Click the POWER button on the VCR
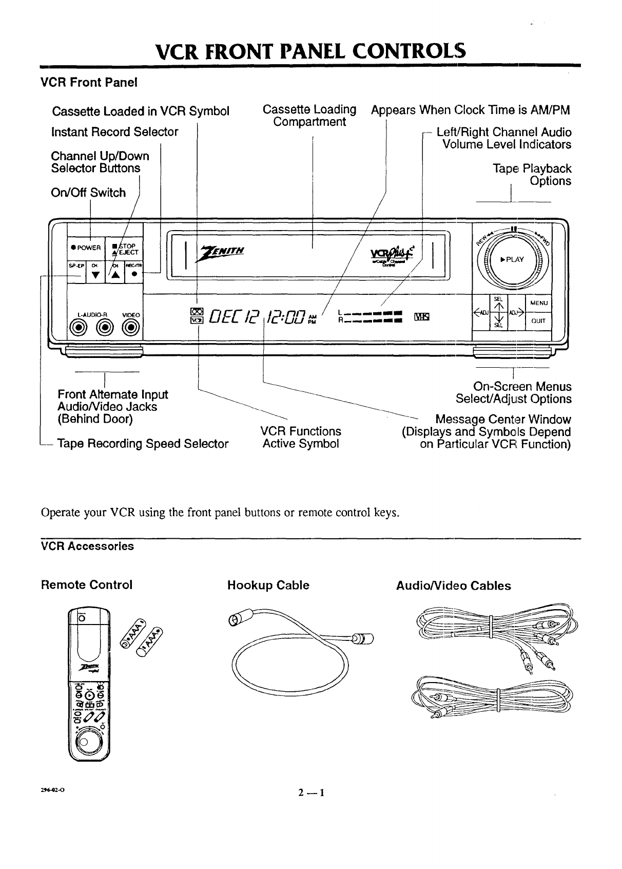click(85, 248)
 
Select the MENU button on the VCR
click(539, 303)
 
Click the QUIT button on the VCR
click(539, 322)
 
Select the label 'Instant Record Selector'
click(114, 132)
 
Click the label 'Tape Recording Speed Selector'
click(143, 444)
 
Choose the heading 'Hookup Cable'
click(268, 585)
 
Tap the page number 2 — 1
click(310, 792)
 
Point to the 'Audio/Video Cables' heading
click(454, 586)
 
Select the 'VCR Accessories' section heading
click(87, 546)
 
